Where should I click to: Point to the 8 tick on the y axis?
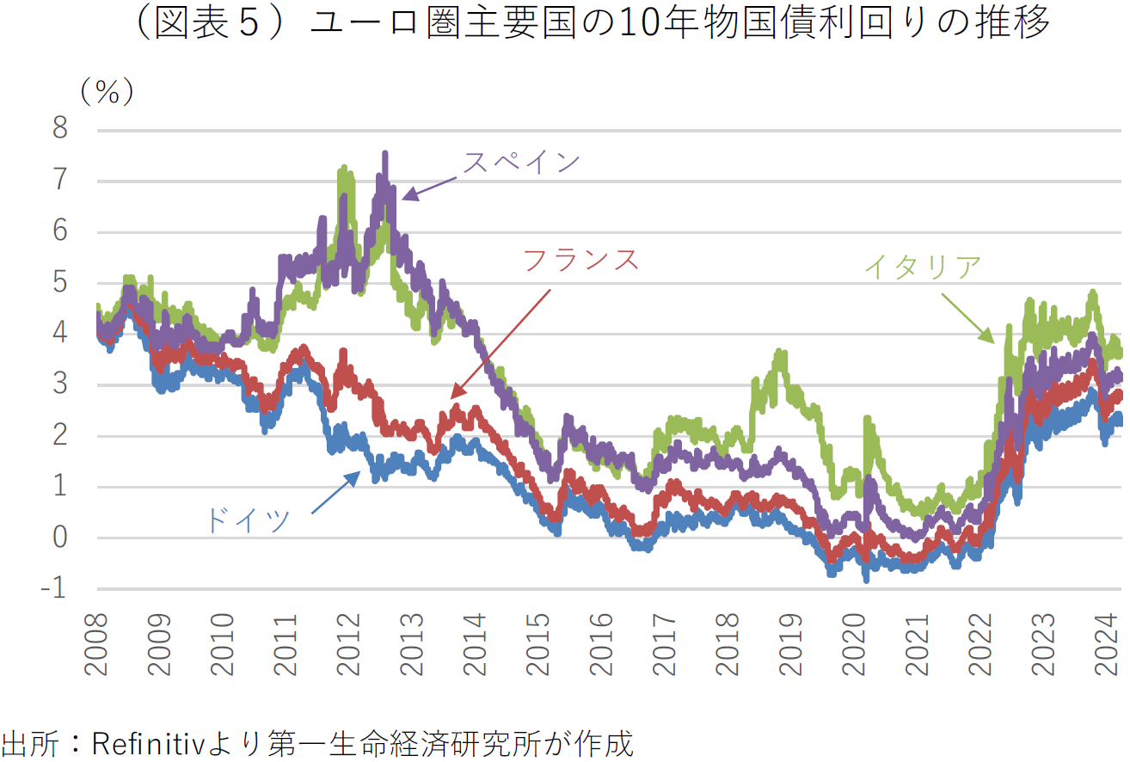(60, 131)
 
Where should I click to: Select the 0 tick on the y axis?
(60, 539)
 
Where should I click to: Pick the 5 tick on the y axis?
(60, 284)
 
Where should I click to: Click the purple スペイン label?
(522, 163)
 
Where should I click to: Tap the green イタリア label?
(922, 267)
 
